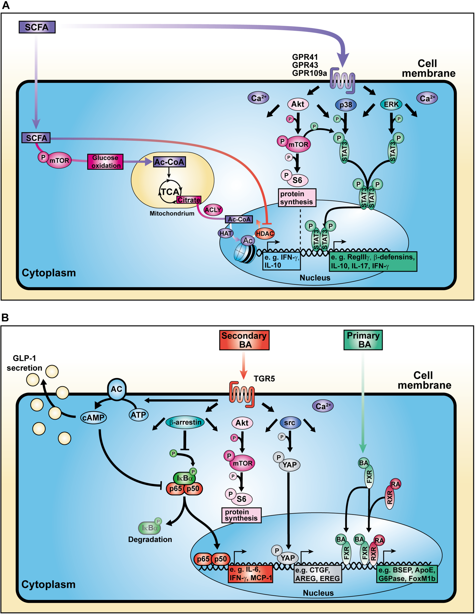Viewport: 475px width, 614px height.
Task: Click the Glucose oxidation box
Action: point(105,162)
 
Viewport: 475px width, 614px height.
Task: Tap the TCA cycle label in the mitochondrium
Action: point(170,192)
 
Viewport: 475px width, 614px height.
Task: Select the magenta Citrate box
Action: point(189,200)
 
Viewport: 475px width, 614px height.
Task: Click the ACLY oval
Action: point(213,210)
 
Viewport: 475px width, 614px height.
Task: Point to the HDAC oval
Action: point(264,234)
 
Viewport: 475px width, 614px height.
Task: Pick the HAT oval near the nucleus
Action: point(226,233)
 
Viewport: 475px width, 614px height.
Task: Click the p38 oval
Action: point(346,105)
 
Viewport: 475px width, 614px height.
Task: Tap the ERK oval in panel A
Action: point(391,104)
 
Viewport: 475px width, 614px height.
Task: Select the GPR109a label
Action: point(309,73)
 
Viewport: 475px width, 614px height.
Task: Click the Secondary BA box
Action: point(244,340)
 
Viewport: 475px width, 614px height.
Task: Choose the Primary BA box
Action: point(363,340)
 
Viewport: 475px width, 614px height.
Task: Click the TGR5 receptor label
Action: point(264,379)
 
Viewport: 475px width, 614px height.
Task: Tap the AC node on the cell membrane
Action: point(116,389)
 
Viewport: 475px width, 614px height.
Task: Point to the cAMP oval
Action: point(93,418)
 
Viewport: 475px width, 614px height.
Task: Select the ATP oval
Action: point(138,415)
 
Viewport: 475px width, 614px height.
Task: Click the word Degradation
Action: point(150,539)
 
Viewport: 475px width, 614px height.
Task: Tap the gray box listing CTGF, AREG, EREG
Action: point(318,574)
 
